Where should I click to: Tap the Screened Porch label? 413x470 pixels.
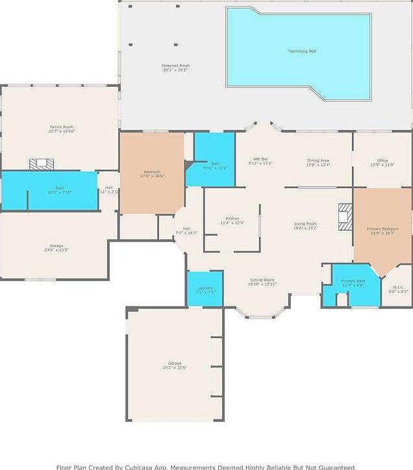(x=175, y=68)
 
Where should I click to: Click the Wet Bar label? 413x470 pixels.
(x=260, y=161)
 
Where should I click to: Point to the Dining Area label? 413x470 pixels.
(x=318, y=162)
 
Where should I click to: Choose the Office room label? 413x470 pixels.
(x=382, y=162)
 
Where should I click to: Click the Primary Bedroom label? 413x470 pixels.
(x=382, y=230)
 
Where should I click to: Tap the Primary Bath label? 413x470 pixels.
(x=354, y=282)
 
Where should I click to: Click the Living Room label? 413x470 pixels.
(x=305, y=225)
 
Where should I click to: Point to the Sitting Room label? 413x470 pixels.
(x=262, y=282)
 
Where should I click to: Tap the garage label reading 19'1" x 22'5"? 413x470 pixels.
(x=174, y=365)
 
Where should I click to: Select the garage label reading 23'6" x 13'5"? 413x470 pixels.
(x=56, y=247)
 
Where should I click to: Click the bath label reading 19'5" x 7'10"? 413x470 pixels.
(x=59, y=190)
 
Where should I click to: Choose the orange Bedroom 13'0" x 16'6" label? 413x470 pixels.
(x=152, y=173)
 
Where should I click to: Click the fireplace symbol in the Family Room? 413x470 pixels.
(x=42, y=163)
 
